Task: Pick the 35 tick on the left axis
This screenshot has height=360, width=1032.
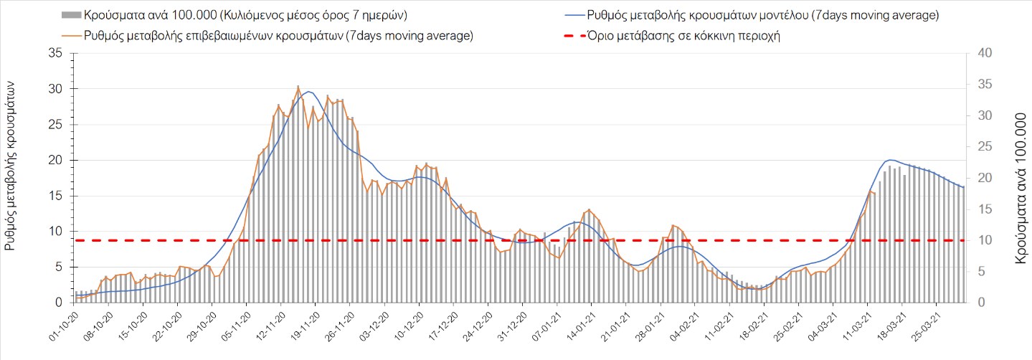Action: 55,53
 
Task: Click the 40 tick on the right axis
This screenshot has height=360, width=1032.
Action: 977,53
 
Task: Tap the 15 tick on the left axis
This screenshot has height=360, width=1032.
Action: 55,196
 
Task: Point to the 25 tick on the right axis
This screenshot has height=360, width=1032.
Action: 977,146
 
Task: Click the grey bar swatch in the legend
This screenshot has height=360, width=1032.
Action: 71,14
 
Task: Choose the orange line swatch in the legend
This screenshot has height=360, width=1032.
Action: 71,36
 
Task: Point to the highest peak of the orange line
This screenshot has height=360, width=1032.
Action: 298,87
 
